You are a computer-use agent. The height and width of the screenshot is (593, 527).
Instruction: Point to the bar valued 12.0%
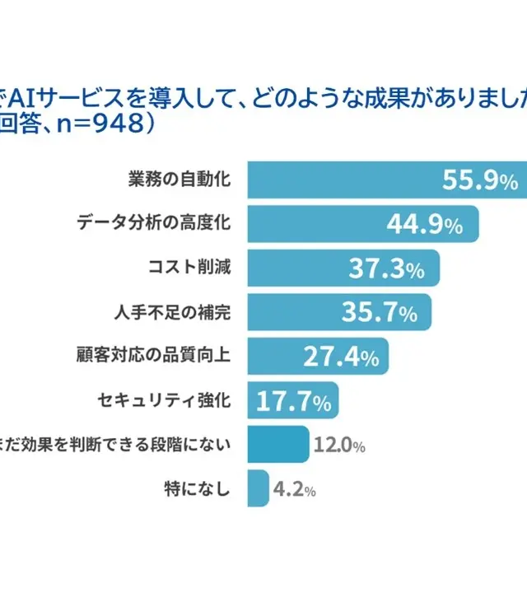coord(278,446)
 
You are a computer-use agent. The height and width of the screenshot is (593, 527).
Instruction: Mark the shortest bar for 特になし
coord(259,489)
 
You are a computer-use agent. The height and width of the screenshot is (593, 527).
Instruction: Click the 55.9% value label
coord(479,180)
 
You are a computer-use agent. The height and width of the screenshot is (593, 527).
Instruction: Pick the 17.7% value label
coord(294,401)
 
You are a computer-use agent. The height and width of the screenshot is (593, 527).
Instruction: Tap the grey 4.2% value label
coord(295,490)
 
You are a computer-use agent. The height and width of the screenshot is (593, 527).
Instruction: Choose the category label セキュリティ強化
coord(165,401)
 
